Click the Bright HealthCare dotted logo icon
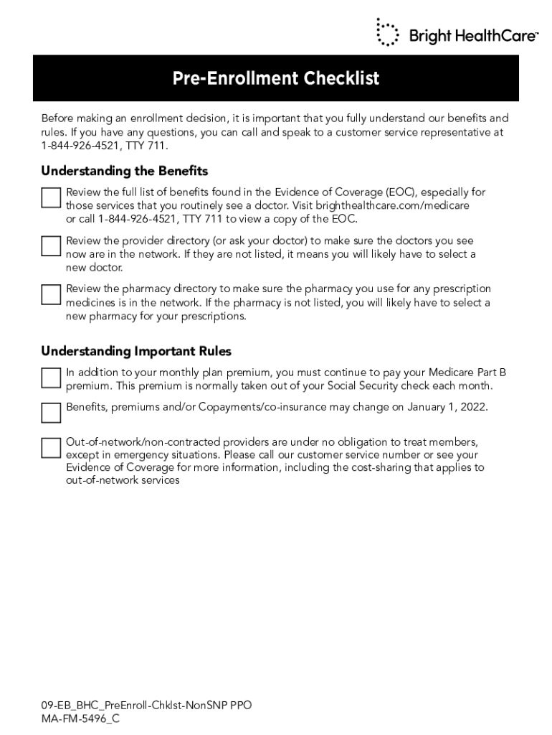388,32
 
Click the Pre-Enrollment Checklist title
276,78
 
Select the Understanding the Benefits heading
124,171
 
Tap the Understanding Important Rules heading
136,351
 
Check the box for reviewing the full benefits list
51,198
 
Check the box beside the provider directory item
51,246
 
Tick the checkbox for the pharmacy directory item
51,294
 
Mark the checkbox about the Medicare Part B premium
51,378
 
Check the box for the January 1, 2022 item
51,413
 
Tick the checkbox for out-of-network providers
51,448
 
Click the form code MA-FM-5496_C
80,718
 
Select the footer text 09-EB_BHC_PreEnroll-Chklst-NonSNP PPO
146,706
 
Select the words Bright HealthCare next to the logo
473,34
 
